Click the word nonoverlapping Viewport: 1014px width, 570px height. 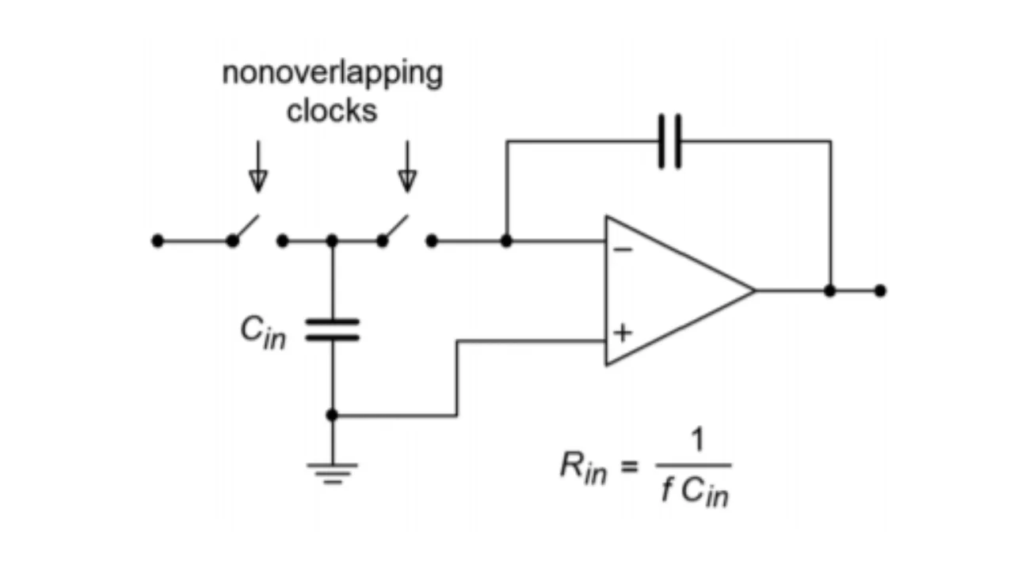coord(332,74)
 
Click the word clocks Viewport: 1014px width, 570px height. coord(332,111)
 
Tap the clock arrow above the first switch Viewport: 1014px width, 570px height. coord(257,168)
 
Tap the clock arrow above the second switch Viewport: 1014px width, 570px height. coord(407,168)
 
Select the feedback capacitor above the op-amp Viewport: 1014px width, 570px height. coord(669,142)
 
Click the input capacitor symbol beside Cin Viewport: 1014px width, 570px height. coord(333,329)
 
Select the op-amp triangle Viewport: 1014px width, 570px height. coord(673,291)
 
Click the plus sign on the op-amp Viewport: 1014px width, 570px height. coord(623,332)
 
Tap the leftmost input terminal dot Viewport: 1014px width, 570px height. coord(158,241)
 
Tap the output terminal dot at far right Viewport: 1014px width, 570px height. coord(880,291)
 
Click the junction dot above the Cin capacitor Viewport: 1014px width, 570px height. coord(333,241)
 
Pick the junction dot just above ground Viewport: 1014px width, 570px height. coord(333,415)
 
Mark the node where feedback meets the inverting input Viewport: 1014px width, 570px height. coord(507,241)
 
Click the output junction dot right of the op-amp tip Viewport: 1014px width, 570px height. coord(829,291)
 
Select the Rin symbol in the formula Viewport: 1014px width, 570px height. coord(583,468)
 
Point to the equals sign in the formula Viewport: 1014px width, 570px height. coord(628,468)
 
